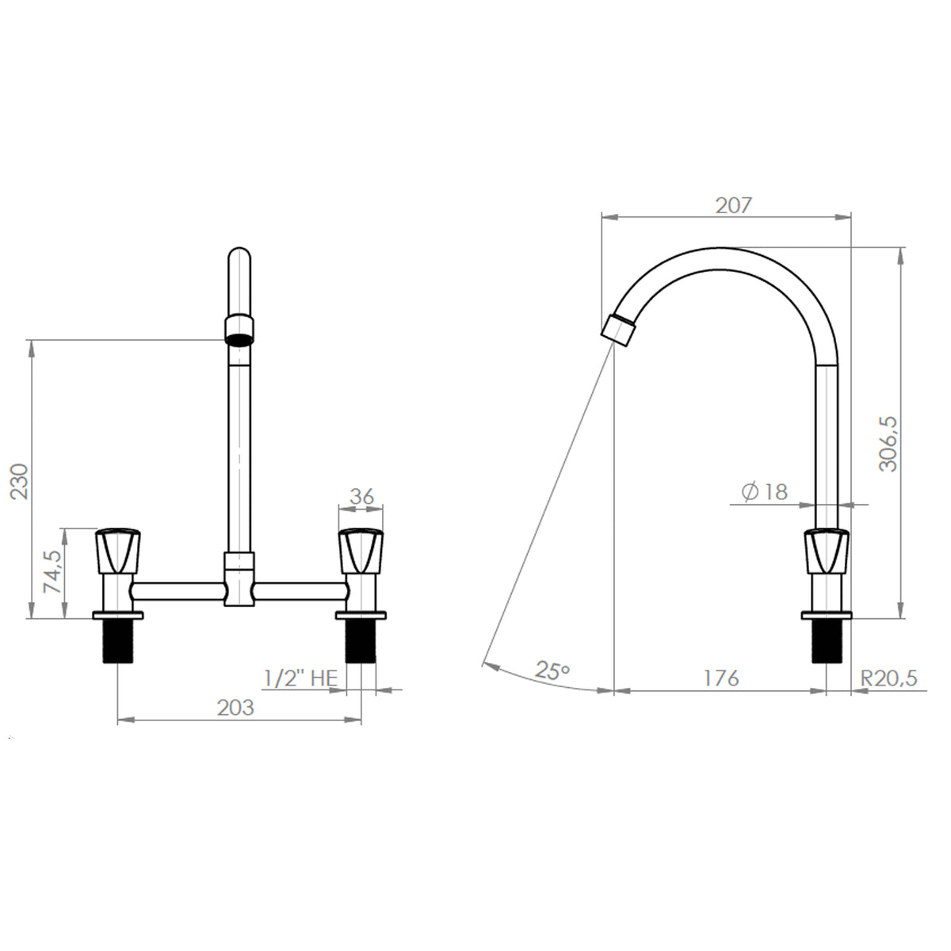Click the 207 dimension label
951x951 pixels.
732,205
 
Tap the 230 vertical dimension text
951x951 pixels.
19,480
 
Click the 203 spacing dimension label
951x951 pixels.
235,707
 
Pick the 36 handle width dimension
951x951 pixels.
361,496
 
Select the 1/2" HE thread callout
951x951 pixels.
300,678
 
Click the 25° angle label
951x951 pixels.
552,670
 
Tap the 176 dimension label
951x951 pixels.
720,678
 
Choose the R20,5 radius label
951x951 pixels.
888,678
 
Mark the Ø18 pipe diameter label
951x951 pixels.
765,492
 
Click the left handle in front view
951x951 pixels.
118,551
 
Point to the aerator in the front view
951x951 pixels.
240,329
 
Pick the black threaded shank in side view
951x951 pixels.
826,641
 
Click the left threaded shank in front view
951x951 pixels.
118,641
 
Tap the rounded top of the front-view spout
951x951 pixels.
239,258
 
